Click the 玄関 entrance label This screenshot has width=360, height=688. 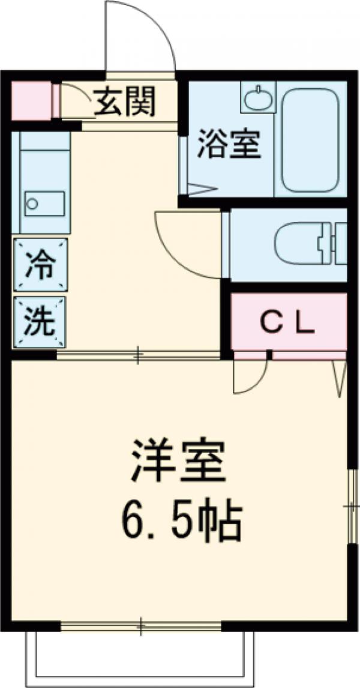(125, 101)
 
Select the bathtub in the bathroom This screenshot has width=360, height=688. (310, 140)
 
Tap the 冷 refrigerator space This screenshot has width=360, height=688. (40, 264)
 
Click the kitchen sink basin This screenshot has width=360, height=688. (44, 204)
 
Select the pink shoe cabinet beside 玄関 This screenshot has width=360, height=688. (31, 100)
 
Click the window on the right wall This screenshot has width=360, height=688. (352, 507)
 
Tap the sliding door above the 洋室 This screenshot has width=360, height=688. (138, 356)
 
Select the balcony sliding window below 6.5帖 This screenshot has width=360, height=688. (142, 627)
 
